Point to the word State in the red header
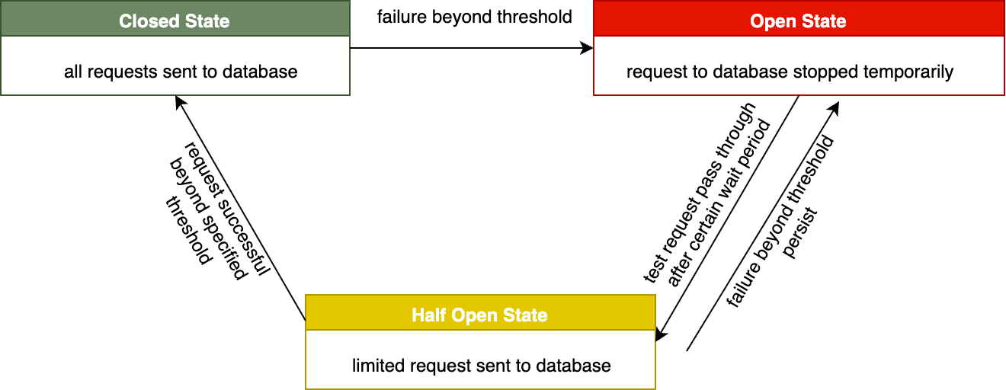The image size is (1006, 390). [x=823, y=21]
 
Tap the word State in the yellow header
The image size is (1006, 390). [x=524, y=315]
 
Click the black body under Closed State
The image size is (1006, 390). [x=175, y=66]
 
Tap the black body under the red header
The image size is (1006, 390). [x=799, y=66]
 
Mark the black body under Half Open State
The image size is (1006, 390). [x=480, y=360]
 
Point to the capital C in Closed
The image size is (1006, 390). [x=125, y=21]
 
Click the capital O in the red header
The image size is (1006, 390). [x=757, y=21]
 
